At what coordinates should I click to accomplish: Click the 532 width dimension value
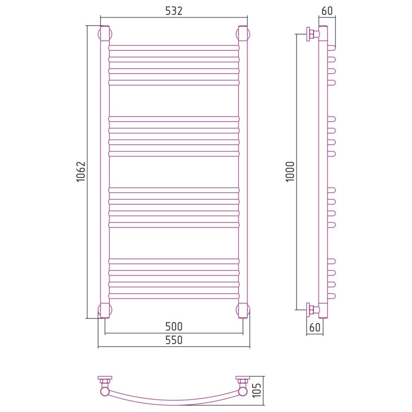point(173,11)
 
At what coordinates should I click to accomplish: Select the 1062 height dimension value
point(81,172)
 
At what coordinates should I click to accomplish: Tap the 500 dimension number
point(173,326)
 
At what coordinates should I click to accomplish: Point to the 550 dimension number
point(173,340)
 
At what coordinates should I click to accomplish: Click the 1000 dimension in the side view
point(290,172)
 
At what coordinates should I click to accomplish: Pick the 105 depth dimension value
point(257,390)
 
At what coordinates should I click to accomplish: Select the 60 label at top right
point(327,11)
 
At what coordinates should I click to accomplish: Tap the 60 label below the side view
point(315,327)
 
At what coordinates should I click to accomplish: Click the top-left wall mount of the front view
point(105,34)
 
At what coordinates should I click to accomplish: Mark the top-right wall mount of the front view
point(243,34)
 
